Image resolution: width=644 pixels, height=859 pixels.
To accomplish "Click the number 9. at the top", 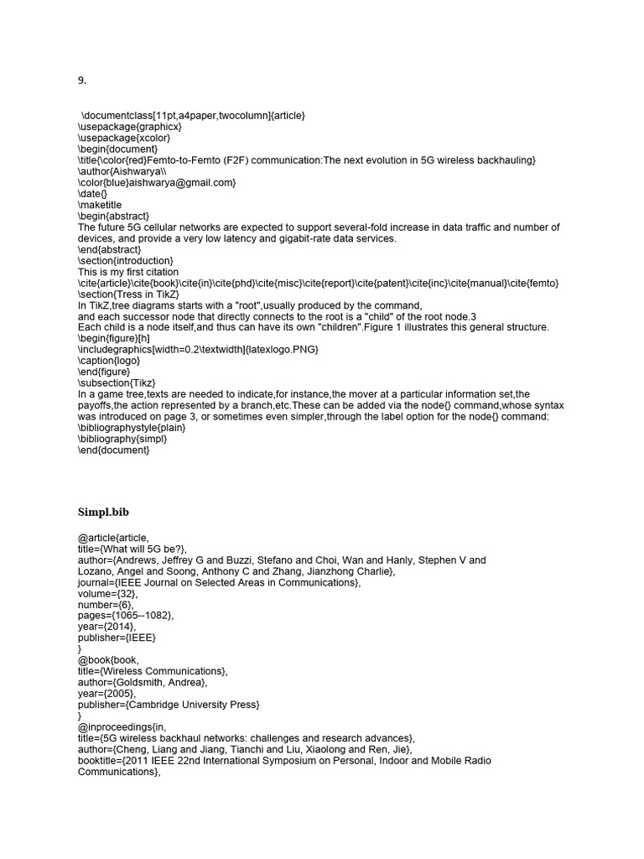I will point(82,81).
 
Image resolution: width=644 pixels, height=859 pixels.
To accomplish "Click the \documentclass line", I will point(193,115).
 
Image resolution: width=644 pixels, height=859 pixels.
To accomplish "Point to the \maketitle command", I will point(100,205).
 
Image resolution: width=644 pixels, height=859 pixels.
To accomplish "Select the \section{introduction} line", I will point(124,261).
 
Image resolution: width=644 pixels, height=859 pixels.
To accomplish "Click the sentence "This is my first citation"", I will point(128,272).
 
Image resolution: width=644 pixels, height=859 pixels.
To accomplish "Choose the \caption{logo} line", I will point(107,361).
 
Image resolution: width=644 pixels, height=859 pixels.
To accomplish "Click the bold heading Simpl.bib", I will point(103,511).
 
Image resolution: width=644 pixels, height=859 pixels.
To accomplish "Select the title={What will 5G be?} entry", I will point(131,549).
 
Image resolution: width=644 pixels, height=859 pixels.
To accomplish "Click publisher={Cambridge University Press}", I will point(169,705).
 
